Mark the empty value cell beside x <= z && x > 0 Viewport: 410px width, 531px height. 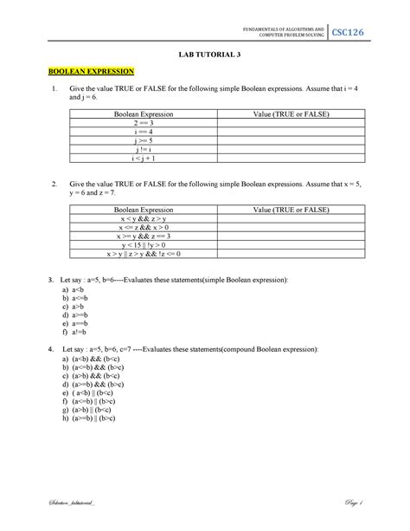click(290, 229)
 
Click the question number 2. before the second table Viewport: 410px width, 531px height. click(54, 185)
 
